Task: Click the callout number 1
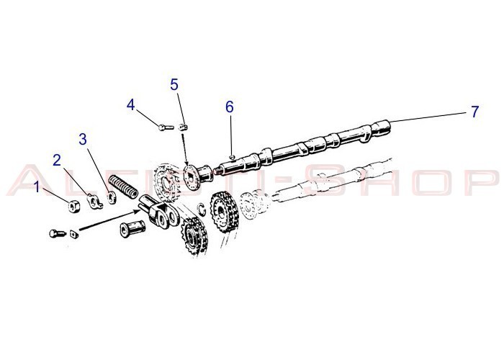37,186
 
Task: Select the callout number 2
57,161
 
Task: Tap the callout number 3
83,140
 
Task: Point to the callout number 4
130,105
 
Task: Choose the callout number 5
174,85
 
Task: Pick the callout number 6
229,107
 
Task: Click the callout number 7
474,112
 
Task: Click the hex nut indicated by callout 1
74,206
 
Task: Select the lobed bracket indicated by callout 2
94,202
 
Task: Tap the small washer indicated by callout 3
111,198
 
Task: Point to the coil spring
123,186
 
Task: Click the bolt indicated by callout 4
166,127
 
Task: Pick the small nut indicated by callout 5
183,127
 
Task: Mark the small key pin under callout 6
232,157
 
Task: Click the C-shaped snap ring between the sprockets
202,208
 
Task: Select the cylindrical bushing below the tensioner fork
132,230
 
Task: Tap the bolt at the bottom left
58,233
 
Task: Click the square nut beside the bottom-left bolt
74,234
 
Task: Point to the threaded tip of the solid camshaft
217,170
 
